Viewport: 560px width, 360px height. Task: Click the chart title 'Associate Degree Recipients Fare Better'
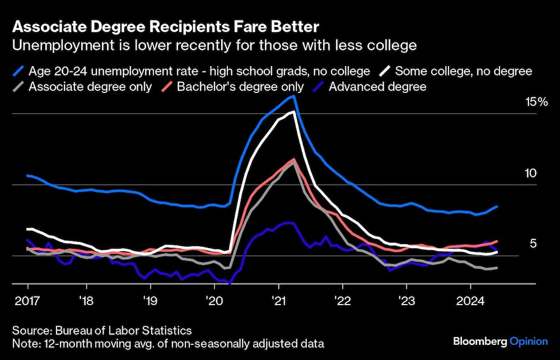(x=165, y=27)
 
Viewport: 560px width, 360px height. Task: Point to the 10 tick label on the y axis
(x=530, y=173)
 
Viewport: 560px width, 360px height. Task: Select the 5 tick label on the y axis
(x=533, y=244)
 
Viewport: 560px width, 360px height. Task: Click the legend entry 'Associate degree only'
(x=90, y=87)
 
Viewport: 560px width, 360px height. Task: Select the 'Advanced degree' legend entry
(x=377, y=87)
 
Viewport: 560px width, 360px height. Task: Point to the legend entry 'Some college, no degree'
(x=463, y=71)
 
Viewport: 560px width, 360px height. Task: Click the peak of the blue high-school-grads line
(x=293, y=96)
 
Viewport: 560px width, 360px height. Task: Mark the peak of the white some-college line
(x=293, y=112)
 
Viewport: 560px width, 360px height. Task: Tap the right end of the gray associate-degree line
(x=497, y=268)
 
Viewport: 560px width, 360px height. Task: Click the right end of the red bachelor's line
(x=497, y=241)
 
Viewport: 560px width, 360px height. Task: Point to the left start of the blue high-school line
(x=27, y=175)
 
